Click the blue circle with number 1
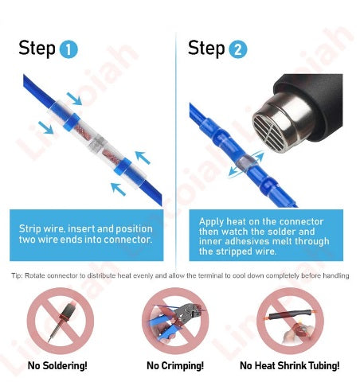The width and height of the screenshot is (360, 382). click(68, 49)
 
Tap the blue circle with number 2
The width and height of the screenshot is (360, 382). click(237, 49)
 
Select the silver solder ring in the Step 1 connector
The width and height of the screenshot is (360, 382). click(97, 144)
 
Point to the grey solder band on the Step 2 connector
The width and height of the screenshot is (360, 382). click(245, 163)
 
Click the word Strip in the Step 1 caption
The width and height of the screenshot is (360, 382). click(29, 229)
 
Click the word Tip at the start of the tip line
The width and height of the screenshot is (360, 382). click(17, 275)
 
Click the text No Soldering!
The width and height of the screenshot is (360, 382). click(57, 365)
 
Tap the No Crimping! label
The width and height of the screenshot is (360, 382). click(175, 365)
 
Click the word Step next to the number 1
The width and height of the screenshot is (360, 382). click(37, 49)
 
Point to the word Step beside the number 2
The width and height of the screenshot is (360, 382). click(206, 49)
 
